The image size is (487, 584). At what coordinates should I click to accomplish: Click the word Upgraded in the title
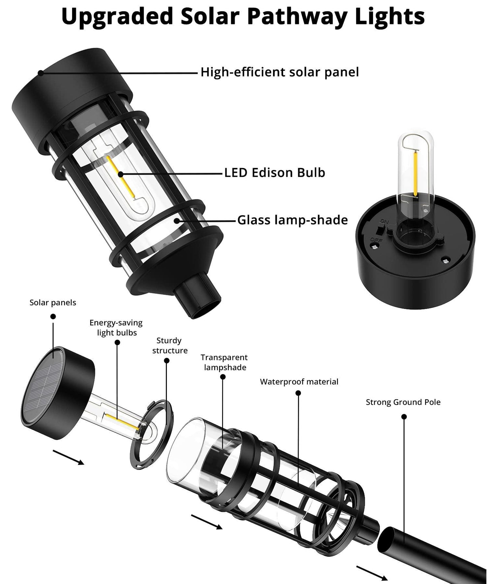tap(117, 16)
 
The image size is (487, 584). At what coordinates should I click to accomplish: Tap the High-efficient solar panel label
tap(279, 72)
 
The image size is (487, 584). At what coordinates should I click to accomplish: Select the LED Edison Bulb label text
tap(274, 172)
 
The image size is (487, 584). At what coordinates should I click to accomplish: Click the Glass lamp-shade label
tap(292, 220)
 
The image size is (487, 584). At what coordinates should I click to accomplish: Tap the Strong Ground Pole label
tap(403, 402)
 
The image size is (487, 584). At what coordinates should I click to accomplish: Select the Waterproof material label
tap(299, 382)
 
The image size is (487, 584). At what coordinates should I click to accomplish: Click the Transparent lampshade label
tap(224, 362)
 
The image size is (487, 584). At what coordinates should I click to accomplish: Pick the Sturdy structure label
tap(170, 345)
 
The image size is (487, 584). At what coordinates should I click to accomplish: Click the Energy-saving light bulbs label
tap(116, 327)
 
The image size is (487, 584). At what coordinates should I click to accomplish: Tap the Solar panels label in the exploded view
tap(53, 302)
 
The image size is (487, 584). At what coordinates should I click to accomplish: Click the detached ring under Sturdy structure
tap(151, 434)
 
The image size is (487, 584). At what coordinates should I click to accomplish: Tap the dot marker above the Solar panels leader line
tap(53, 317)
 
